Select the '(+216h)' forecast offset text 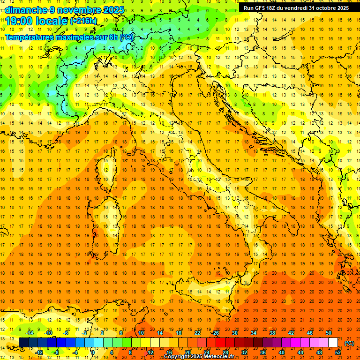pos(83,21)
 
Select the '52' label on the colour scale pos(338,352)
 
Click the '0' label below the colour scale pos(93,352)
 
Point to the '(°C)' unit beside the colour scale pos(349,343)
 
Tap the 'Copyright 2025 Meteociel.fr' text pos(199,357)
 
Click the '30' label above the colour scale pos(234,333)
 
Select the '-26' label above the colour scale pos(215,333)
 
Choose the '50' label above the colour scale pos(329,333)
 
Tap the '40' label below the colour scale pos(282,352)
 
